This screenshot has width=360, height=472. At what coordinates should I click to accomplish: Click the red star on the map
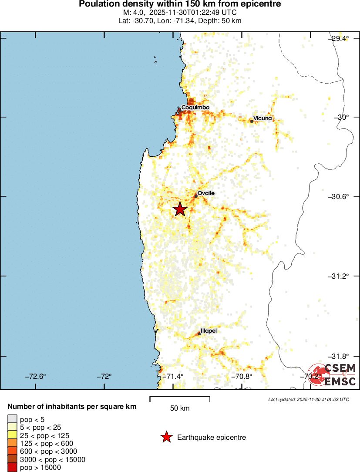tap(180, 209)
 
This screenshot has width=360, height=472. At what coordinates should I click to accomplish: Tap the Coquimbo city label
tap(195, 107)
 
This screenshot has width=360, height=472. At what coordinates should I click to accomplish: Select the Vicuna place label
tap(262, 118)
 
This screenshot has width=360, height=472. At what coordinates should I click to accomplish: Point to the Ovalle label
tap(206, 193)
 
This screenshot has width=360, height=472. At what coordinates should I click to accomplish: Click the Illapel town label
tap(209, 331)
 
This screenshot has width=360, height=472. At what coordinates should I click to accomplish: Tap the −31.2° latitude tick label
tap(338, 276)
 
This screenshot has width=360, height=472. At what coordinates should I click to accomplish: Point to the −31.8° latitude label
tap(338, 356)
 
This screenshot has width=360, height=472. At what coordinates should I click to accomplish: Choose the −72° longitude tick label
tap(104, 377)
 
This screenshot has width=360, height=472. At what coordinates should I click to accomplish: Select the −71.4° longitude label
tap(173, 377)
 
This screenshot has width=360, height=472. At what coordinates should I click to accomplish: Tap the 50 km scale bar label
tap(180, 408)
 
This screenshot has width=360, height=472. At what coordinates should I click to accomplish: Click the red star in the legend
tap(166, 437)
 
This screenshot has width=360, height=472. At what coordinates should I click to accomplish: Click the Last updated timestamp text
tap(308, 399)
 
